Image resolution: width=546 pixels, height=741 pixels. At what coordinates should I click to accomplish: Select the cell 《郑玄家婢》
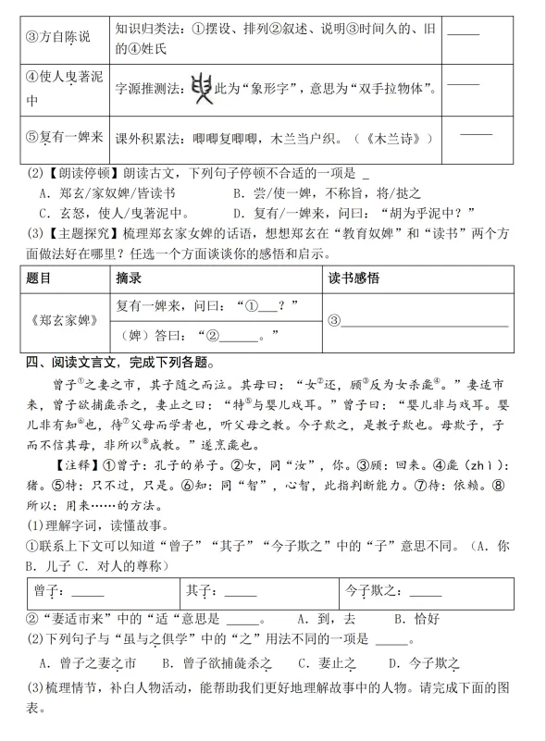pos(61,320)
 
